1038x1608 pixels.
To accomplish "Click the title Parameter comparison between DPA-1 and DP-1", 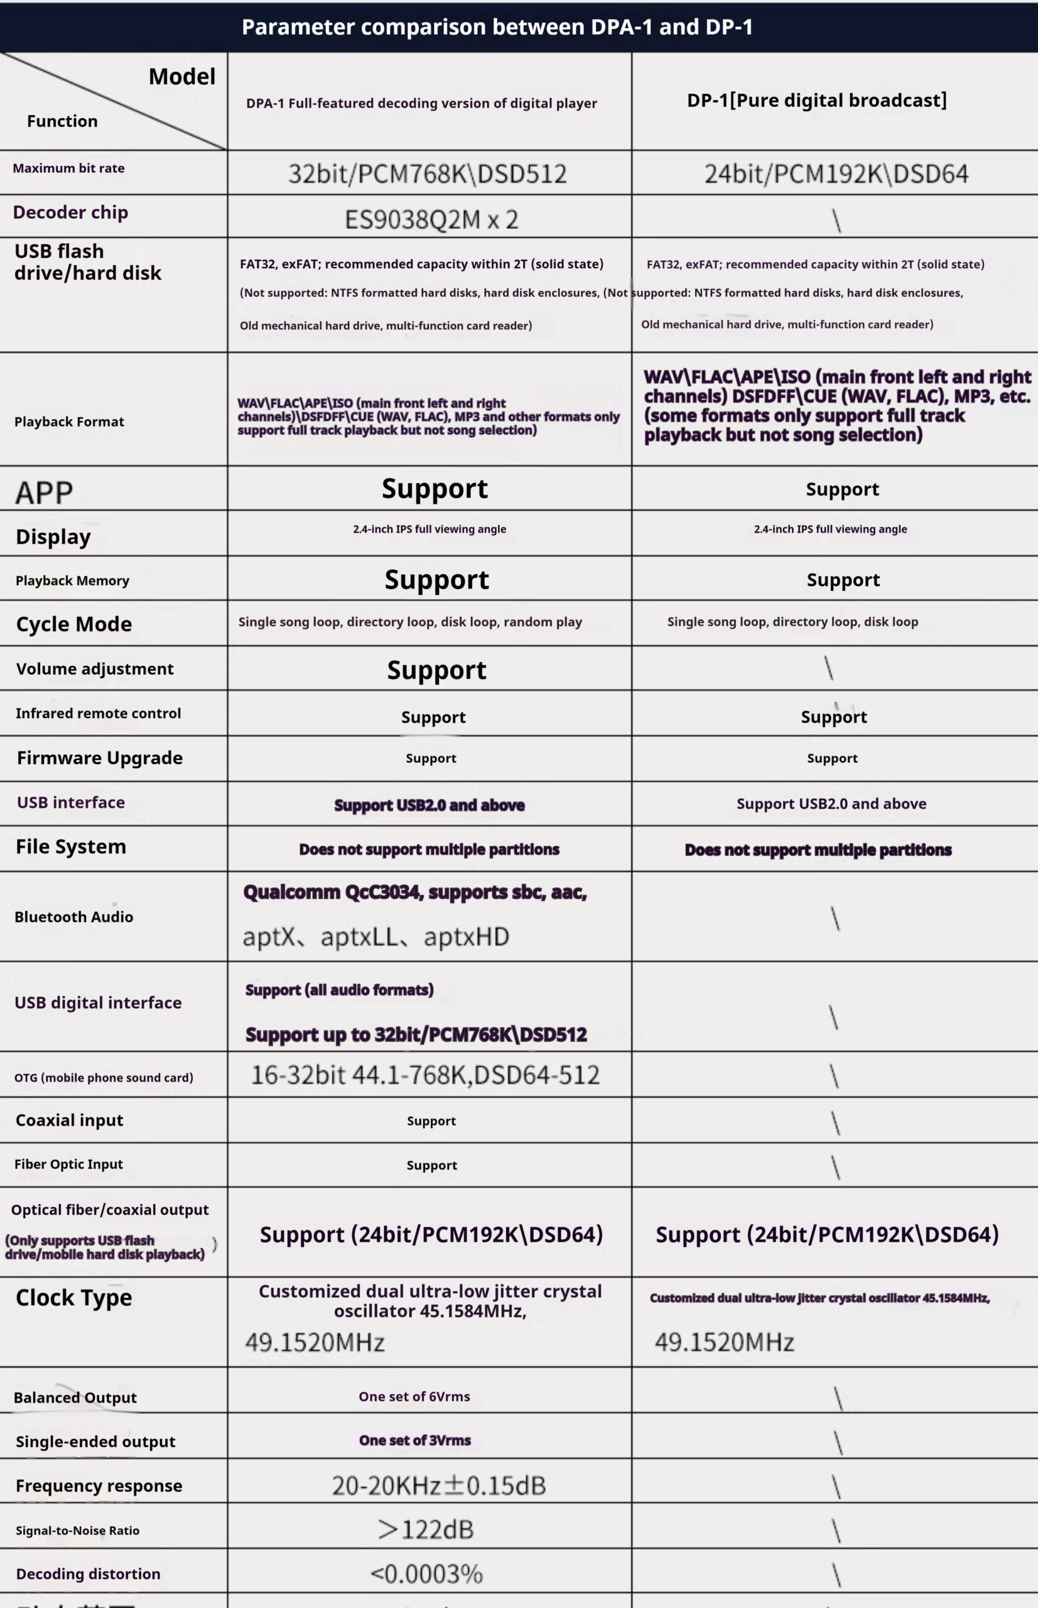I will [x=497, y=27].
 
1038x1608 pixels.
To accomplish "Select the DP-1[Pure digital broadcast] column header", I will [x=816, y=100].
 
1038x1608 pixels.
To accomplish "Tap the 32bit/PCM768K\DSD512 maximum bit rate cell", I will [x=428, y=174].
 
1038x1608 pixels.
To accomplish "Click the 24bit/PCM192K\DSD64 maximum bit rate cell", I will [x=836, y=174].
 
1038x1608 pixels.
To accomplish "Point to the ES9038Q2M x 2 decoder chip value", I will [x=431, y=219].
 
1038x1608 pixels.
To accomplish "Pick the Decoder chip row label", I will [x=70, y=212].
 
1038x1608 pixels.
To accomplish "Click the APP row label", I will [x=44, y=492].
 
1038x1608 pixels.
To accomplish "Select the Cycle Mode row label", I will [x=73, y=624].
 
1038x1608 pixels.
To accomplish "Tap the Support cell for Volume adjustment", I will [x=436, y=670].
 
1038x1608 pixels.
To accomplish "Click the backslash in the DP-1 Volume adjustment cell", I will [x=828, y=668].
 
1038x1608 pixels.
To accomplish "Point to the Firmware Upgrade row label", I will [x=100, y=758].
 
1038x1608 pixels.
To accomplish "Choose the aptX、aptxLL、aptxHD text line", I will [x=376, y=937].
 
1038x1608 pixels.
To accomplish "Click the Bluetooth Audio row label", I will [x=73, y=917].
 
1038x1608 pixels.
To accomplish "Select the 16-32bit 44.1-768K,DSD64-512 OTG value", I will [x=424, y=1075].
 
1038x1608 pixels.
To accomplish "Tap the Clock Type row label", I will [x=73, y=1297].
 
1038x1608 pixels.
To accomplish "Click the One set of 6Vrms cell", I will [x=414, y=1396].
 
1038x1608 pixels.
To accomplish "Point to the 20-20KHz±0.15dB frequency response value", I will [x=438, y=1486].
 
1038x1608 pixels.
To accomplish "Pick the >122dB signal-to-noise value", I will [x=425, y=1529].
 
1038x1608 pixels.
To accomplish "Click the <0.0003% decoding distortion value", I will [x=426, y=1573].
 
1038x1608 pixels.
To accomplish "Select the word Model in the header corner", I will [x=182, y=77].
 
